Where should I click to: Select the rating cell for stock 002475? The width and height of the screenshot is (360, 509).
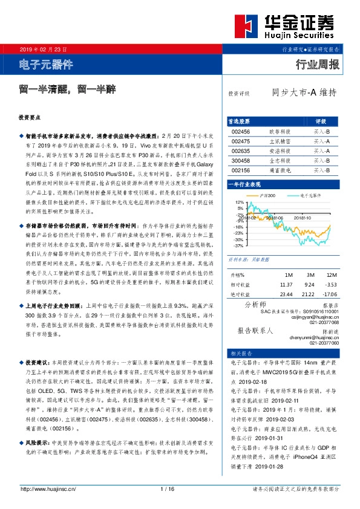point(321,141)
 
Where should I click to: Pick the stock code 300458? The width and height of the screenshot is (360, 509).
point(240,161)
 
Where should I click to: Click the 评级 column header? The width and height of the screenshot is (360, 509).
point(321,122)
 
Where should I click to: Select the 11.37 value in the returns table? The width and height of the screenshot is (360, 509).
point(286,284)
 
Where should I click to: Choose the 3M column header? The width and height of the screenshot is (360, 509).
point(309,274)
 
